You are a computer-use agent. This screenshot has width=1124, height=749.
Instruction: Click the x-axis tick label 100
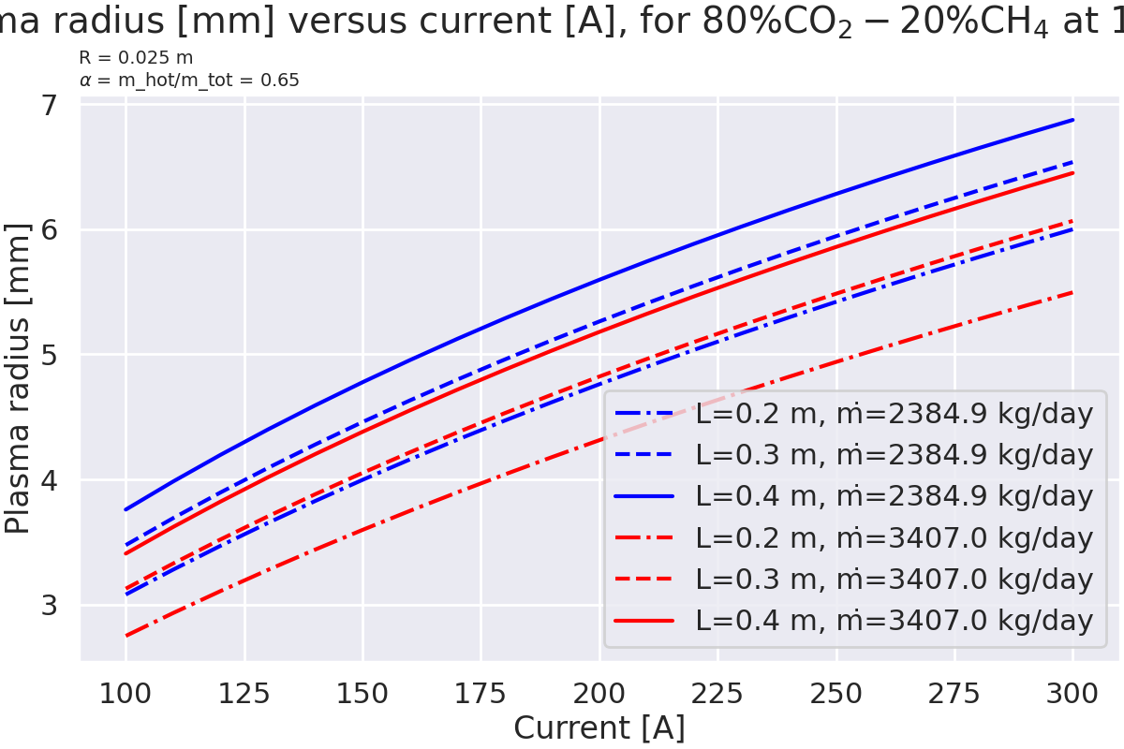point(126,694)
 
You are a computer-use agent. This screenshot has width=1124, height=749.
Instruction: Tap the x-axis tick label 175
point(481,694)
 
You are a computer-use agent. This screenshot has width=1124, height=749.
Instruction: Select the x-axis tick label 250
point(836,694)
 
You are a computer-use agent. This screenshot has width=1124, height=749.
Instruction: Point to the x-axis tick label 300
point(1072,694)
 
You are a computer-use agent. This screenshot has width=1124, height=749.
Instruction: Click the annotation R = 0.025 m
point(136,58)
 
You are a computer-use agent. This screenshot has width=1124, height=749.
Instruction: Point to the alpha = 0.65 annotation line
point(189,81)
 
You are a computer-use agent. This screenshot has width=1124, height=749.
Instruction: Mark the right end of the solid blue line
point(1072,120)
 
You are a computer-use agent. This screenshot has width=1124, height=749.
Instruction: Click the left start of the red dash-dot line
point(126,637)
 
